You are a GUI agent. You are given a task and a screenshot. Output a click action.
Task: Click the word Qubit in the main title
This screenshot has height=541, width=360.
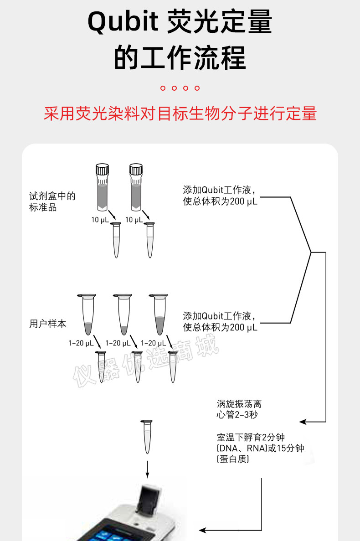click(x=123, y=22)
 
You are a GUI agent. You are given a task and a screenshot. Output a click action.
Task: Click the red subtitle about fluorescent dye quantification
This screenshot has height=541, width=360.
click(x=180, y=113)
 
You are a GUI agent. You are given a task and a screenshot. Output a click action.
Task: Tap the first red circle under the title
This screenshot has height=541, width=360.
click(x=163, y=88)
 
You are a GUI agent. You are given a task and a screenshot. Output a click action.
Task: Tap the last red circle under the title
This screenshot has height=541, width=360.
click(x=197, y=88)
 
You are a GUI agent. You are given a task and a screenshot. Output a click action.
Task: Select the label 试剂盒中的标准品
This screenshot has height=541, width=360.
click(x=52, y=201)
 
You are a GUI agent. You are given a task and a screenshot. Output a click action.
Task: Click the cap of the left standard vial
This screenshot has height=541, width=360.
click(x=102, y=169)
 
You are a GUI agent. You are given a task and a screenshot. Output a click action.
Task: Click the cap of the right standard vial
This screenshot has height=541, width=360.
click(x=136, y=169)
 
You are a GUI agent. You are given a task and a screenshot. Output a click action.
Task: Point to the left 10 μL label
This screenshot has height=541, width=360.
click(x=100, y=220)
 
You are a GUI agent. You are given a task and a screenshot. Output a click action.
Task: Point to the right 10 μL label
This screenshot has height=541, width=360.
click(x=134, y=220)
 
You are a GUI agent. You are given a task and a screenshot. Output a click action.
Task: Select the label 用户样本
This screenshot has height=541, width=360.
click(x=47, y=324)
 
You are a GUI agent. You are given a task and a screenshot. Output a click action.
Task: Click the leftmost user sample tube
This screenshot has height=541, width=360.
click(x=87, y=314)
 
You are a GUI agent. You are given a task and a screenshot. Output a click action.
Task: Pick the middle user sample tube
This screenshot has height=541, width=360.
click(x=123, y=314)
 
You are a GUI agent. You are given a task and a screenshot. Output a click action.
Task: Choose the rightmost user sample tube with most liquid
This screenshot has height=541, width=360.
click(x=159, y=314)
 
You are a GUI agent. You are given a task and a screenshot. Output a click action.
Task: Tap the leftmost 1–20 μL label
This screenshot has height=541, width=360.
click(x=81, y=343)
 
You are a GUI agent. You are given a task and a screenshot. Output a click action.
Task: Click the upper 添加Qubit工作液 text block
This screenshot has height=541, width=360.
click(x=220, y=196)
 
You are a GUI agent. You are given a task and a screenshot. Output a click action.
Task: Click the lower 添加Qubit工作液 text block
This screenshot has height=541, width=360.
click(x=220, y=322)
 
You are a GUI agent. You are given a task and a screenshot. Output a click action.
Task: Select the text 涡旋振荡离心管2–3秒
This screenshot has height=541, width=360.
click(x=239, y=409)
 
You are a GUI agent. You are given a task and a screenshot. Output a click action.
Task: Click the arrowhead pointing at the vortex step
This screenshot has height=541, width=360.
click(x=303, y=422)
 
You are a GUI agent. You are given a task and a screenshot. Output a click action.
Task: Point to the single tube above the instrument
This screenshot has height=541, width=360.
click(x=147, y=437)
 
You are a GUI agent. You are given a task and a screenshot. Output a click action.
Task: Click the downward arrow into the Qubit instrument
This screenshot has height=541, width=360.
click(x=147, y=469)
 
